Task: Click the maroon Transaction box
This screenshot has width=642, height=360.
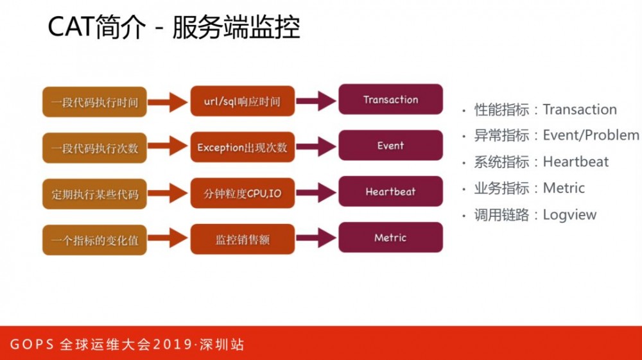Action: point(390,99)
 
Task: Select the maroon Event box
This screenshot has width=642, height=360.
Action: point(390,146)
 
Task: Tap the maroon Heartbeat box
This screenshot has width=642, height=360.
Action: point(390,192)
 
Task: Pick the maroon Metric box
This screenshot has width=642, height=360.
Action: point(390,238)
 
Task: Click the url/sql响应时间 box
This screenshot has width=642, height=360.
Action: point(242,101)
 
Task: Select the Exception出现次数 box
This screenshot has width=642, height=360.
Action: point(242,148)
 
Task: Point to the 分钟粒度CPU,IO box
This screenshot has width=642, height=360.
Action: point(242,194)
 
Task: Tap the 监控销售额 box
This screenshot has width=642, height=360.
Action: point(242,239)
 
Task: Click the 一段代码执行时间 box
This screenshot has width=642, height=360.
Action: point(94,102)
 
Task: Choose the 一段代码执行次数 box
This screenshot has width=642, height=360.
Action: point(94,148)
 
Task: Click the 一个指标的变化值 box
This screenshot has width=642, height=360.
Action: point(94,241)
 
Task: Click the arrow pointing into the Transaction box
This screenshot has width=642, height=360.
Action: point(316,101)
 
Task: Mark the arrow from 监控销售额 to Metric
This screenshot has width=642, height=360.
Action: point(316,239)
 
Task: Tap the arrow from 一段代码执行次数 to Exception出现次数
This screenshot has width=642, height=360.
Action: point(168,147)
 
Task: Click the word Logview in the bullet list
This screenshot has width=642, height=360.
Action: point(569,215)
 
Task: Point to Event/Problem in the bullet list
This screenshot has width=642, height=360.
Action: point(591,135)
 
